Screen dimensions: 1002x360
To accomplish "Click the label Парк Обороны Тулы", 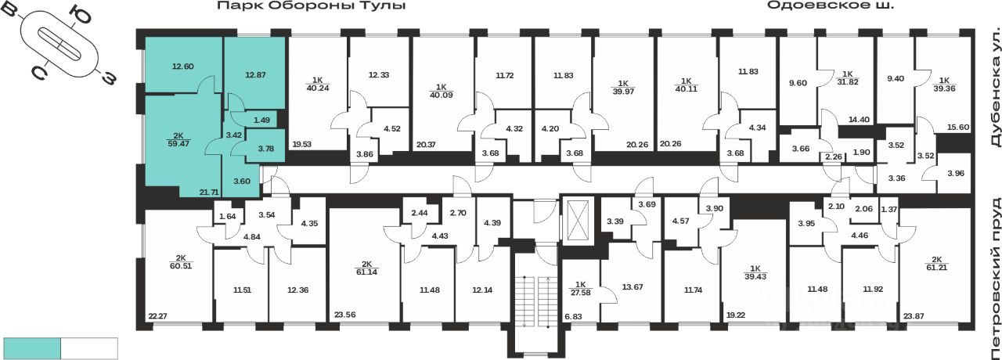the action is click(312, 6).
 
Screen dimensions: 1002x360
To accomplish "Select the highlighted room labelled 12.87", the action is click(255, 76).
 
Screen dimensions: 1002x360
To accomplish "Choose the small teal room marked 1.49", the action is click(261, 120).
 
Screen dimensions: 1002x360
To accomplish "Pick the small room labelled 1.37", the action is click(888, 209).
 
